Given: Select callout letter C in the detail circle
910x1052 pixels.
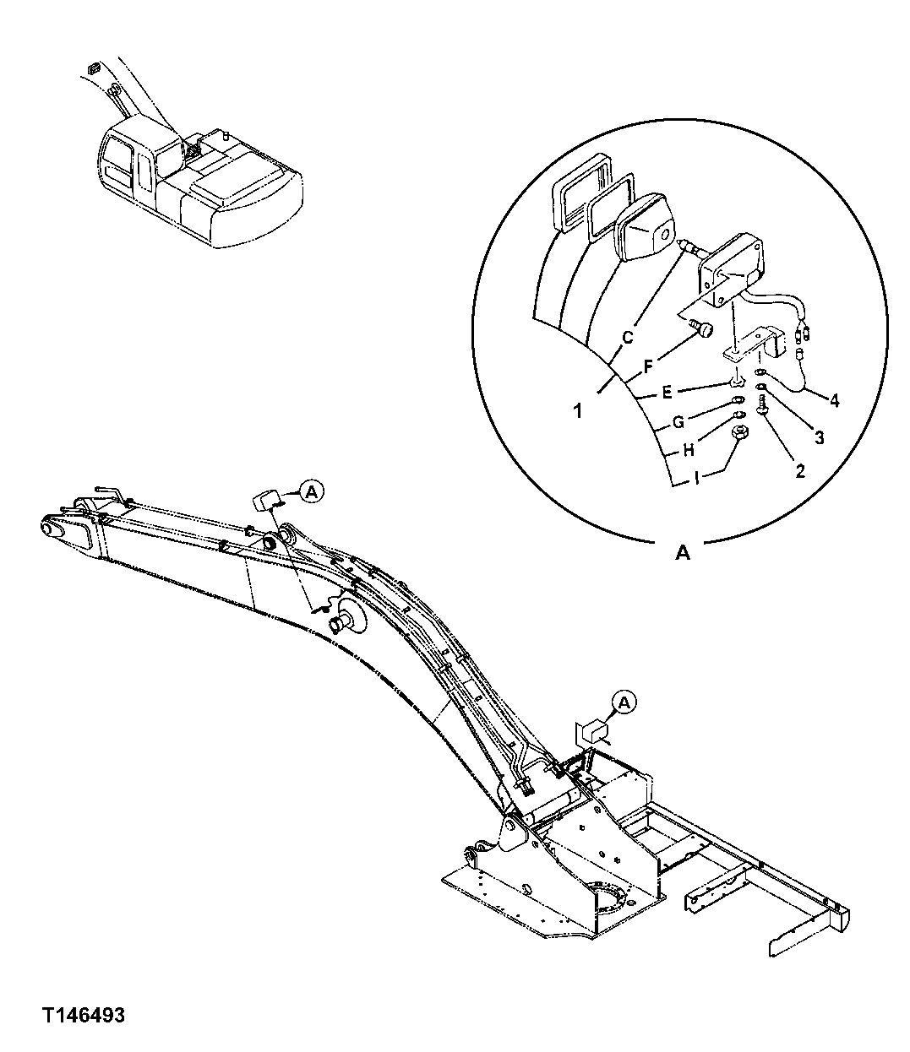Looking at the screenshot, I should click(x=627, y=336).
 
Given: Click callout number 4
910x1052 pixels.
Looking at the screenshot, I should click(x=833, y=400).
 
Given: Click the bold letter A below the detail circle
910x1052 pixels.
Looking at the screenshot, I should click(x=682, y=553).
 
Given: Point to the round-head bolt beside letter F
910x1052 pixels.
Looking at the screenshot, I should click(x=701, y=330).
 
